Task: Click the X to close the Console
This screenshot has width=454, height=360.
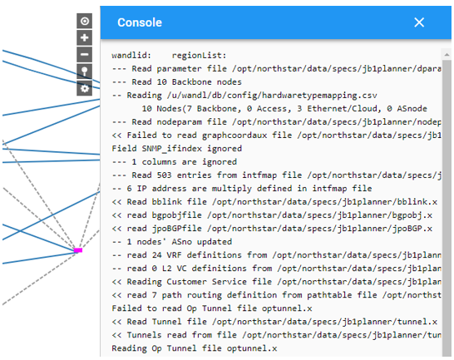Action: click(419, 22)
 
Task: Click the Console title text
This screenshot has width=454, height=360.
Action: click(140, 22)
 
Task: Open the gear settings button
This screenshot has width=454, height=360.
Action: click(84, 88)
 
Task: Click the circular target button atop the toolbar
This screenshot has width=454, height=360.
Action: click(84, 21)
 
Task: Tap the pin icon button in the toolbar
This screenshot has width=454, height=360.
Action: click(84, 72)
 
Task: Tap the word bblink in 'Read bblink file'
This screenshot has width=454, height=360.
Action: click(164, 202)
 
